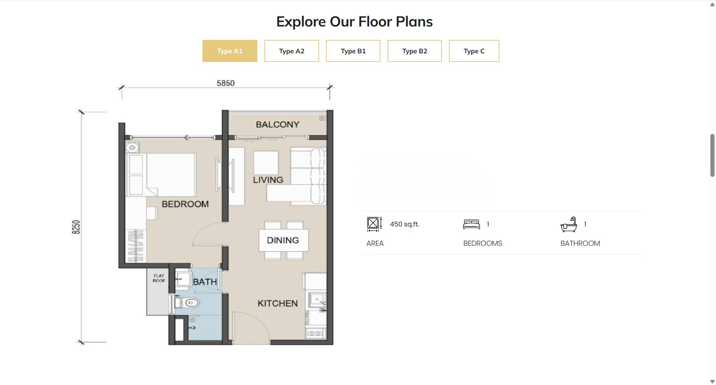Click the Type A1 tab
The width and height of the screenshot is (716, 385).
[x=230, y=51]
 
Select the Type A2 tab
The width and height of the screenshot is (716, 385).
[x=292, y=51]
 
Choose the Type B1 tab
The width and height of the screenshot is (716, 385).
[x=353, y=51]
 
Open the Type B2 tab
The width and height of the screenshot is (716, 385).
[x=415, y=51]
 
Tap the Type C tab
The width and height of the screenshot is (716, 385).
[x=474, y=51]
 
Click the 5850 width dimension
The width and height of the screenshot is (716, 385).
[x=226, y=83]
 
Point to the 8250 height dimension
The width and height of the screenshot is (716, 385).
[x=76, y=227]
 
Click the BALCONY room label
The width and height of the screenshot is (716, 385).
[x=277, y=125]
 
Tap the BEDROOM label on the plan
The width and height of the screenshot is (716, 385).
[x=185, y=204]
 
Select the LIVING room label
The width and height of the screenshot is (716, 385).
[x=268, y=180]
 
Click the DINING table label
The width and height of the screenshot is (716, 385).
[x=283, y=240]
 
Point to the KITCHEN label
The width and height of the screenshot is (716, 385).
[x=277, y=303]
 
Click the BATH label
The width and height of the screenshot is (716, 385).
[x=205, y=282]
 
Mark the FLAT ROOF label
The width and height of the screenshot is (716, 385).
[x=159, y=278]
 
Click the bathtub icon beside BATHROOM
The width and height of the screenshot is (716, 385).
[x=569, y=225]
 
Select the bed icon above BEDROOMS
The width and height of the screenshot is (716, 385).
[x=471, y=224]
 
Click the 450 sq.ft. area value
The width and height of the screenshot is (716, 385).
[x=405, y=224]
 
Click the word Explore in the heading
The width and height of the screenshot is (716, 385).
[x=301, y=22]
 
